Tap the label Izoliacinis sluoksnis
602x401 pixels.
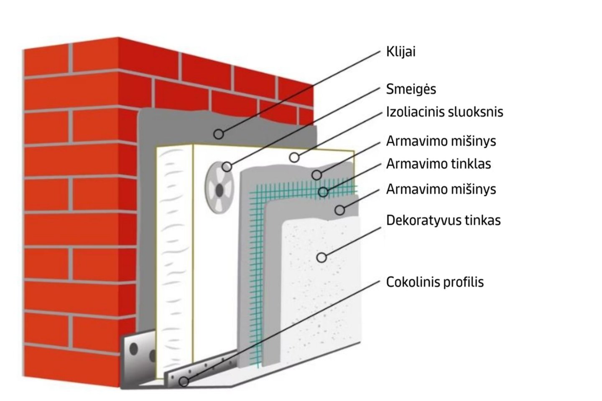444,112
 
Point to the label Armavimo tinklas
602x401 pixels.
438,164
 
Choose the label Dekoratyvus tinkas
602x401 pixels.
443,220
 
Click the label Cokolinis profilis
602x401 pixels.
435,282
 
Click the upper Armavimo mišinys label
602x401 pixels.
441,141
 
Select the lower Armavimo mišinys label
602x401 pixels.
441,189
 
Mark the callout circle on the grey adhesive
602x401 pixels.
219,134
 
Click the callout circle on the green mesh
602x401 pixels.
323,192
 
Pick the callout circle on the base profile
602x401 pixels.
184,381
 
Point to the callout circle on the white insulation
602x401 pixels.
294,157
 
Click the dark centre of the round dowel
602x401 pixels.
219,190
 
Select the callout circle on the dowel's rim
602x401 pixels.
227,167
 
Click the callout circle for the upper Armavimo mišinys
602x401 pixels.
317,175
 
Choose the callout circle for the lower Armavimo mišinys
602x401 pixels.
340,210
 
